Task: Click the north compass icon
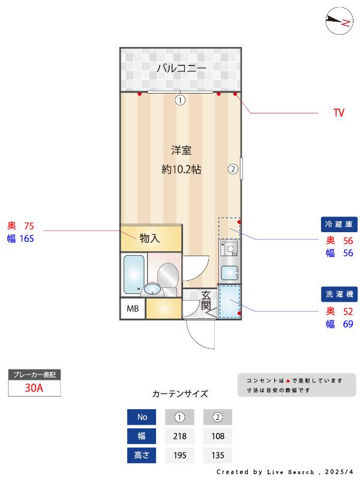[x=339, y=21]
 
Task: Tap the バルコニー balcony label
[x=182, y=68]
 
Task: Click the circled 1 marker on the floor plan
[x=181, y=100]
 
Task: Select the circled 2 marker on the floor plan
[x=233, y=169]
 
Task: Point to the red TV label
[x=339, y=113]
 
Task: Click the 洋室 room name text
[x=181, y=151]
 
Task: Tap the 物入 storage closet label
[x=149, y=238]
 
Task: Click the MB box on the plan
[x=133, y=308]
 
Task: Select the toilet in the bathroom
[x=168, y=278]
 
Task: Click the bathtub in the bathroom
[x=134, y=274]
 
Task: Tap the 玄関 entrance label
[x=206, y=301]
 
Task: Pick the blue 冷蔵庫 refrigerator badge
[x=339, y=224]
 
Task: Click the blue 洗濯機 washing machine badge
[x=339, y=294]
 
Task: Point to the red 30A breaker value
[x=34, y=388]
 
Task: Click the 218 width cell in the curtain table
[x=179, y=436]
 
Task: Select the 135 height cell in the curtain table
[x=218, y=455]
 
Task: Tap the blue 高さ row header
[x=142, y=455]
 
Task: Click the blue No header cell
[x=142, y=417]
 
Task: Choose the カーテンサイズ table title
[x=180, y=394]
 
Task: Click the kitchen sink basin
[x=230, y=273]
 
